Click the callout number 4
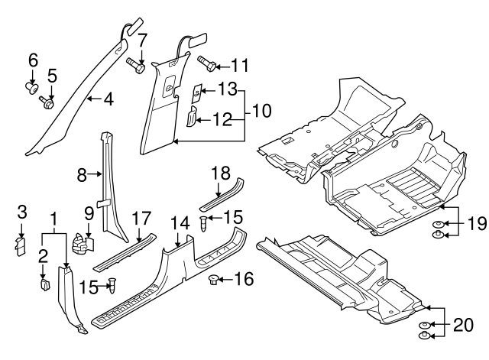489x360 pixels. point(110,99)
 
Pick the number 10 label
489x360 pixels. point(261,111)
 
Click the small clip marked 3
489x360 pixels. point(21,245)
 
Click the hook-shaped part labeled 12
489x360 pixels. point(193,115)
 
